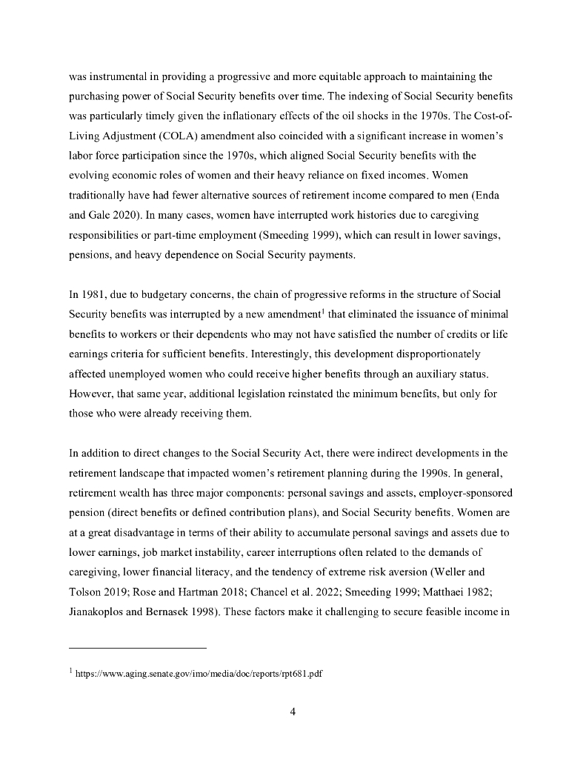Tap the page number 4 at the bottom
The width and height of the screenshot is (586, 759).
(x=293, y=712)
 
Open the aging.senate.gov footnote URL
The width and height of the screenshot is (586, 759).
(x=200, y=676)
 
